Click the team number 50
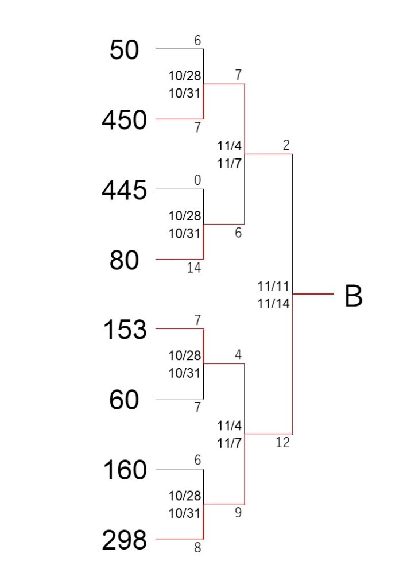[x=124, y=49]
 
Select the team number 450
[x=124, y=119]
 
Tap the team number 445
[x=124, y=189]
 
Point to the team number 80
[x=124, y=260]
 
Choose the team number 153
[x=125, y=330]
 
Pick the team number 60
[x=124, y=400]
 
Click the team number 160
[x=125, y=470]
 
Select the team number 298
[x=124, y=540]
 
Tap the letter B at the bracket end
[x=354, y=296]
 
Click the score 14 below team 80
[x=194, y=268]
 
